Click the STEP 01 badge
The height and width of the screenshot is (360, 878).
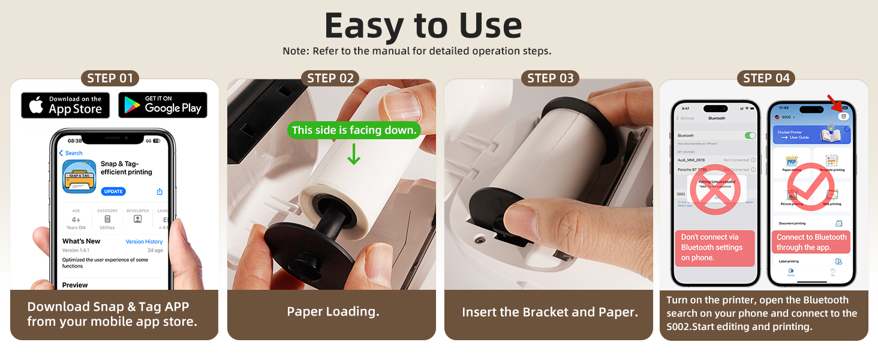pos(110,78)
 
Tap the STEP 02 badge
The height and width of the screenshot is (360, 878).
pos(330,78)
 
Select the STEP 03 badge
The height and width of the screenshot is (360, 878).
pos(551,78)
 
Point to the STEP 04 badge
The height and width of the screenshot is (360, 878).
pos(766,78)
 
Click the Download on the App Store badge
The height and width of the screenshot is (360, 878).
pos(65,105)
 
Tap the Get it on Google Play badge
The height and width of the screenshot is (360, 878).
pos(163,105)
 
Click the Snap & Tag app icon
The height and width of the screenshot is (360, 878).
pos(79,176)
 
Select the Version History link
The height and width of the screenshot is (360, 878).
pos(144,242)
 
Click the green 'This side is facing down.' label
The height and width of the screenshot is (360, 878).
pos(354,130)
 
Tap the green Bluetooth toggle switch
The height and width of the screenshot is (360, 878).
pos(750,136)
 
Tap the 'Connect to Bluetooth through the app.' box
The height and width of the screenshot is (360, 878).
pos(811,242)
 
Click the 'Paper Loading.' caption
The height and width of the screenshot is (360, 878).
pos(333,312)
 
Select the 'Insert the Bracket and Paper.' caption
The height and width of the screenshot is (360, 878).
pos(549,312)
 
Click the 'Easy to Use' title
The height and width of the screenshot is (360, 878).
pos(423,26)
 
